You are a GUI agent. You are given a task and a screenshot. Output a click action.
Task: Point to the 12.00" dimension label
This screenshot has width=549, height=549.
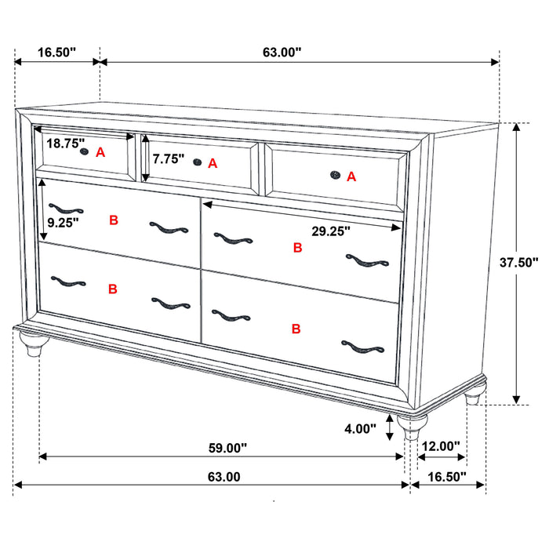click(441, 446)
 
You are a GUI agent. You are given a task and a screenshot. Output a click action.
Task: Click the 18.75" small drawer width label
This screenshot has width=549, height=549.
click(65, 144)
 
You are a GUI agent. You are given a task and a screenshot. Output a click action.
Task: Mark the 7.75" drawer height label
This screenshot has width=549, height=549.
click(169, 158)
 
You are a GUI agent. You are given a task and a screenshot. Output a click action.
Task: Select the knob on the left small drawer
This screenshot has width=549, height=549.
click(84, 152)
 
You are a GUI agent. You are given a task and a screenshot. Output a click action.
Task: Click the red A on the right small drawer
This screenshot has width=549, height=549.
click(351, 177)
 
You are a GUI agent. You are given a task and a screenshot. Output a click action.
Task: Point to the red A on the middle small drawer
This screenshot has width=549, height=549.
click(213, 163)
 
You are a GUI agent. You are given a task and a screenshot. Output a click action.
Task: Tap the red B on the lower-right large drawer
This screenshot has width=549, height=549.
click(296, 329)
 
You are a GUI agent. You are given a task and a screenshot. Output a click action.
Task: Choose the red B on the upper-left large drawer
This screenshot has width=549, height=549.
click(114, 221)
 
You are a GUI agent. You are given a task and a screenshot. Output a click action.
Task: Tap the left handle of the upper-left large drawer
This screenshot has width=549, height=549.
click(65, 209)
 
